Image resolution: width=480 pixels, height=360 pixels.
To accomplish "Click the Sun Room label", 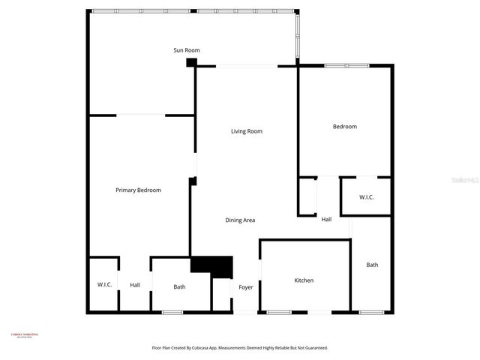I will (186, 50).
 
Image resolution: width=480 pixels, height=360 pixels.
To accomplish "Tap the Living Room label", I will (246, 131).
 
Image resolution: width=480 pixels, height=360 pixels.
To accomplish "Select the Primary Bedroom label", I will (138, 190).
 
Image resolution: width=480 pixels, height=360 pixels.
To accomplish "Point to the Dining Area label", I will (241, 220).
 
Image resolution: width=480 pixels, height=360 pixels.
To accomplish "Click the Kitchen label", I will (304, 280).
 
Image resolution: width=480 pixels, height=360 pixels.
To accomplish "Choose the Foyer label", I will (246, 287).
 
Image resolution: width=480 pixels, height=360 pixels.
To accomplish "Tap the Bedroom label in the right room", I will (345, 127).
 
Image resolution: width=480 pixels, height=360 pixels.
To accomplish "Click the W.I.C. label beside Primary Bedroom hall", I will (104, 285).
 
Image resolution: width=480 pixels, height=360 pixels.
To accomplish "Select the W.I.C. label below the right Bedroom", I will (366, 197).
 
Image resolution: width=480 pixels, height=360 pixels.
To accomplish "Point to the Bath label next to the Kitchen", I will (372, 265).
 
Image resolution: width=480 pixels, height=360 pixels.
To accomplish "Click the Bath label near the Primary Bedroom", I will (179, 286).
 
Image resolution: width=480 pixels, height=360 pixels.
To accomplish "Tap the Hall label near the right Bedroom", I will (326, 220).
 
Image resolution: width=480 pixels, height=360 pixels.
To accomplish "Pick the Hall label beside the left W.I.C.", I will (135, 285).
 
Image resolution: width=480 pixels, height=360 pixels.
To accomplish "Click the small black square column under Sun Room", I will (191, 63).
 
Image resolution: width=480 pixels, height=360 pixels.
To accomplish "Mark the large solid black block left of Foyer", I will (212, 265).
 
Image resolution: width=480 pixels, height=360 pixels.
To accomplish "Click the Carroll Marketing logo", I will (24, 335).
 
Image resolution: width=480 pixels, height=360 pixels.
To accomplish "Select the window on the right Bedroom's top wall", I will (346, 66).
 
